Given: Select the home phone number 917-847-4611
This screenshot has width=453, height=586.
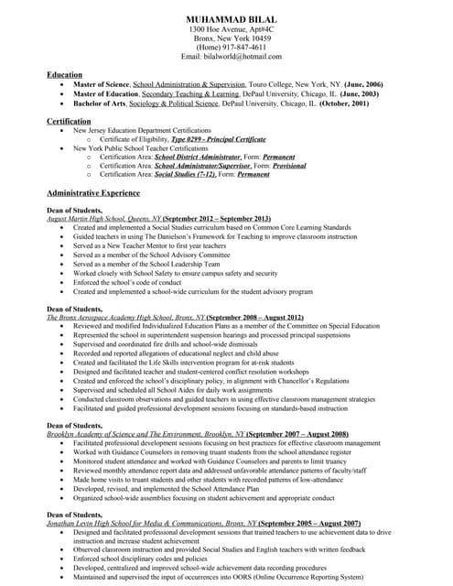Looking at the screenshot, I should point(239,48).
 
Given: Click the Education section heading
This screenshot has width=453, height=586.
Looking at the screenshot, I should point(64,74).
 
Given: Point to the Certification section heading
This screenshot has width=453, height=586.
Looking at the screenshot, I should point(69,121).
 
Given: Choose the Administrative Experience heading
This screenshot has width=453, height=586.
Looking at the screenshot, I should point(93,194).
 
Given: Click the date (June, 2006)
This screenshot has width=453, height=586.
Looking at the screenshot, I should point(361,84).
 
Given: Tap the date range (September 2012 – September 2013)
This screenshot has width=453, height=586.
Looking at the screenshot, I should point(219,220).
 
